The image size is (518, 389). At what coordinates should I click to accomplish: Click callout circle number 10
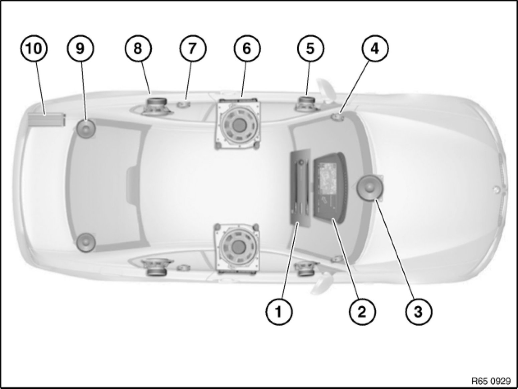(x=34, y=48)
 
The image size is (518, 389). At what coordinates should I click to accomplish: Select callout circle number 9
(x=81, y=48)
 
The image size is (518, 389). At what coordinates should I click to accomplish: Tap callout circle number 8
(x=138, y=48)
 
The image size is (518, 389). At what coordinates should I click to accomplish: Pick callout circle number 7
(x=192, y=48)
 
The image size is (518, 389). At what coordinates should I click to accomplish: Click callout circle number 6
(x=247, y=48)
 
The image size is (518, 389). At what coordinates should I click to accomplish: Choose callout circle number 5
(x=310, y=48)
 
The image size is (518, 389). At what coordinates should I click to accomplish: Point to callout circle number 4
(x=375, y=48)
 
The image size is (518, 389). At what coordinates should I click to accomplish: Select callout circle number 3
(x=418, y=311)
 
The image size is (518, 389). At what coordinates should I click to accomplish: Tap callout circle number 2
(x=362, y=311)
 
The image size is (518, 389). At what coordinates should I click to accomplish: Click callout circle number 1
(x=279, y=311)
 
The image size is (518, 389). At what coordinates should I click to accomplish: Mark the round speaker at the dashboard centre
(x=370, y=188)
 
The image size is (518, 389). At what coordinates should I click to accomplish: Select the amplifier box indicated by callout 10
(x=46, y=120)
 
